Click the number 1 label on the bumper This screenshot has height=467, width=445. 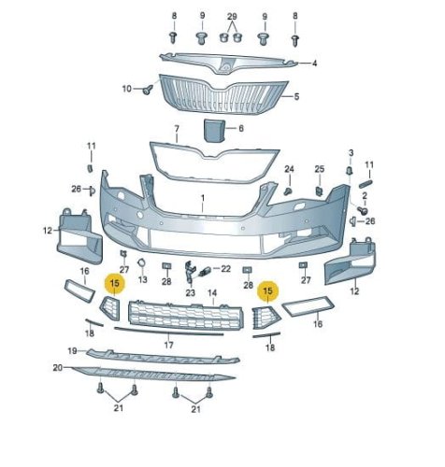click(203, 198)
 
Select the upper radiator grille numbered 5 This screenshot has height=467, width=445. click(223, 94)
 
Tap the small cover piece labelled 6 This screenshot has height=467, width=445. click(214, 131)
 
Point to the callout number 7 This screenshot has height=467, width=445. click(177, 129)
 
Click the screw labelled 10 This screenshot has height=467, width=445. click(148, 90)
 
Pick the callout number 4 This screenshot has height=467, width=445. click(315, 64)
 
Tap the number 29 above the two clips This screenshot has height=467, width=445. click(232, 16)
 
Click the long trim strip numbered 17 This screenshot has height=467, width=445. click(168, 332)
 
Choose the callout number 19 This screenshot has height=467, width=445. click(73, 351)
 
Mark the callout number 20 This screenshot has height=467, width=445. click(58, 368)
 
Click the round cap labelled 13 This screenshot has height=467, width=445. click(141, 262)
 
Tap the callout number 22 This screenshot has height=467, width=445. click(225, 268)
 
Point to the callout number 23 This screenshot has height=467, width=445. click(190, 292)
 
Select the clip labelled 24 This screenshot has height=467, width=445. click(289, 191)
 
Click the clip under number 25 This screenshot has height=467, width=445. click(320, 191)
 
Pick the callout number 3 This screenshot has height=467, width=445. click(351, 153)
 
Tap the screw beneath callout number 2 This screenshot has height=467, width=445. click(363, 211)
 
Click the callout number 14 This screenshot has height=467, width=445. click(212, 292)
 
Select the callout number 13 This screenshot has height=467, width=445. click(142, 279)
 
